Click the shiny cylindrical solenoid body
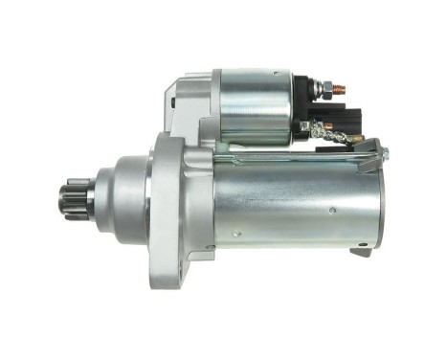click(251, 106)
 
